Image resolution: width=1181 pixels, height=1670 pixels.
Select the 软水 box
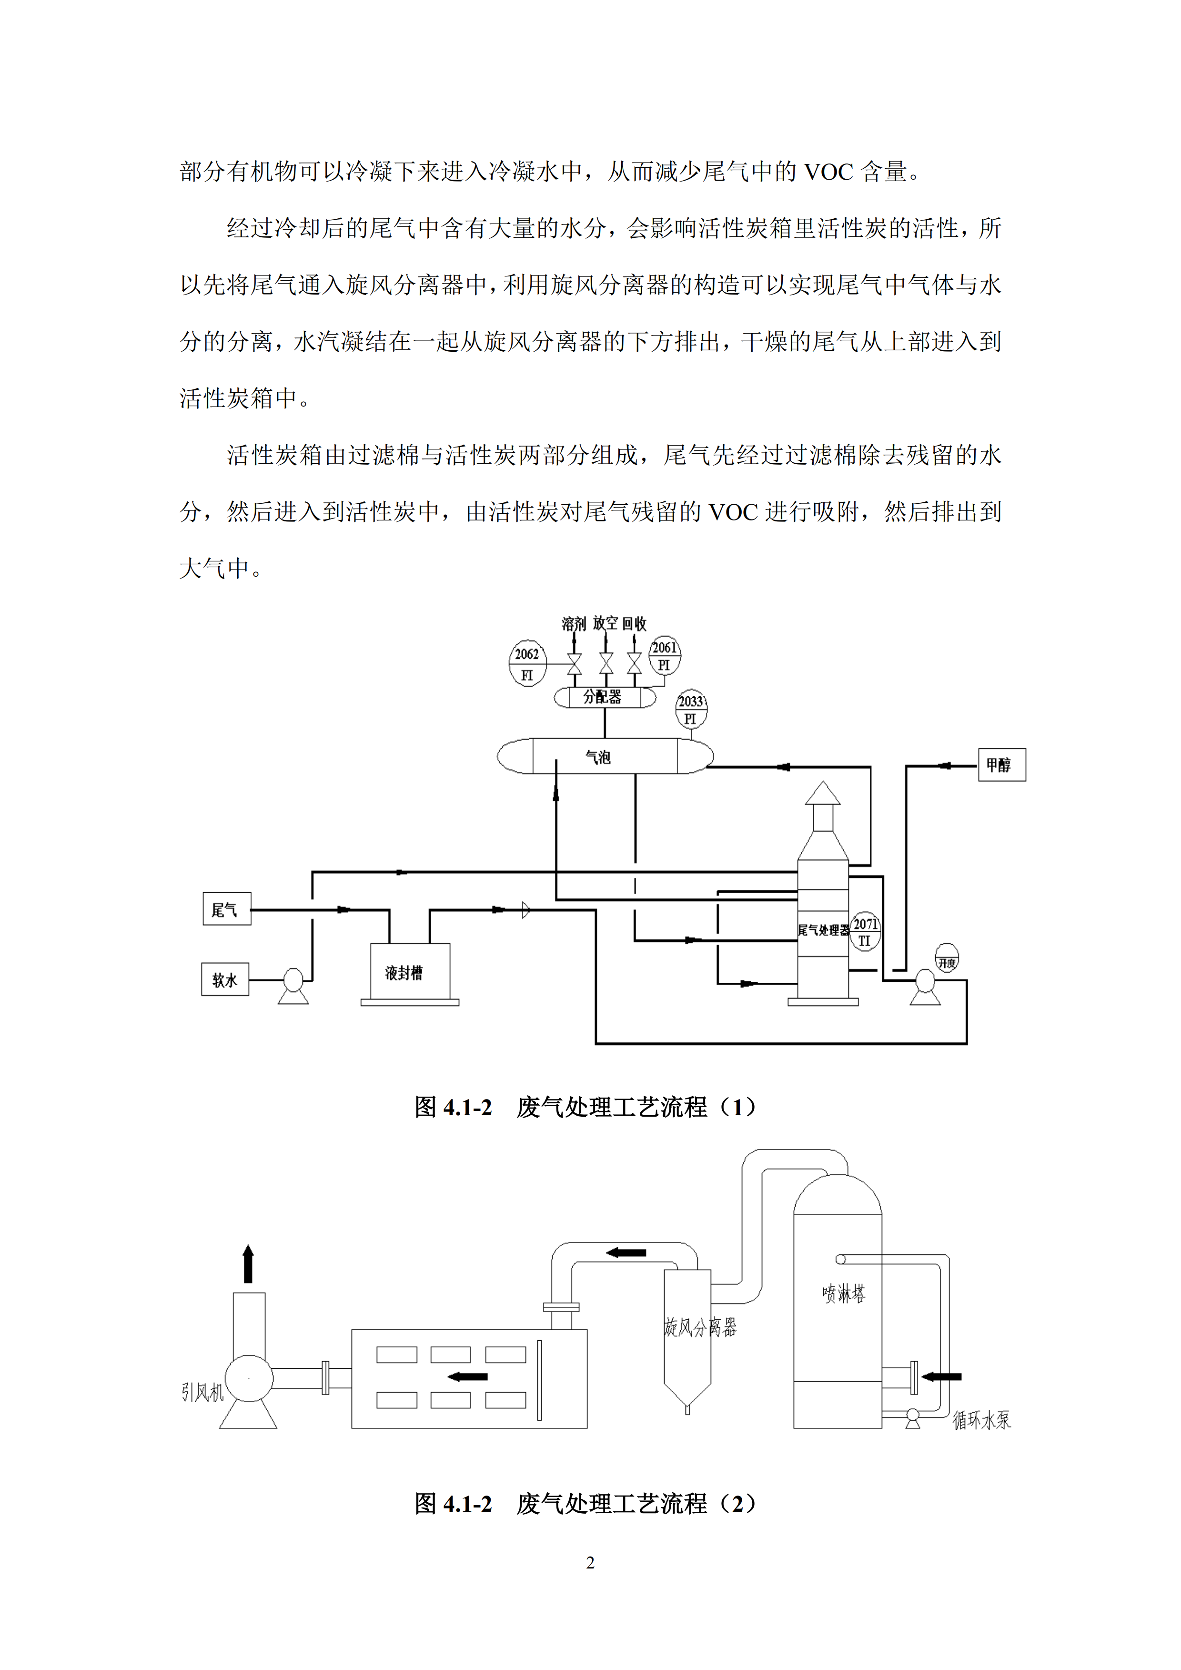[225, 979]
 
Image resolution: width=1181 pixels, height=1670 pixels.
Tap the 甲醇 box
[1001, 764]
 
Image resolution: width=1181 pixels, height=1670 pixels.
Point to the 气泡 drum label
[598, 757]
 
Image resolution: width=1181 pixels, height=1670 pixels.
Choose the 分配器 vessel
[605, 697]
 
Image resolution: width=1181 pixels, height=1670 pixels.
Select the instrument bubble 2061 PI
[664, 655]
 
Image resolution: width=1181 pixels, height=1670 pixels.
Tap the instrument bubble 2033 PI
[690, 709]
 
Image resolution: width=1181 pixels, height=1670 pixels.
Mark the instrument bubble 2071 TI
[865, 931]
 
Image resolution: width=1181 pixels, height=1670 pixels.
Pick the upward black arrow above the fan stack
[248, 1263]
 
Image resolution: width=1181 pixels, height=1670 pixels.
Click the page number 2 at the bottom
[591, 1562]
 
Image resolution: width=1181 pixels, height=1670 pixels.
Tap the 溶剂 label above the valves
[573, 623]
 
